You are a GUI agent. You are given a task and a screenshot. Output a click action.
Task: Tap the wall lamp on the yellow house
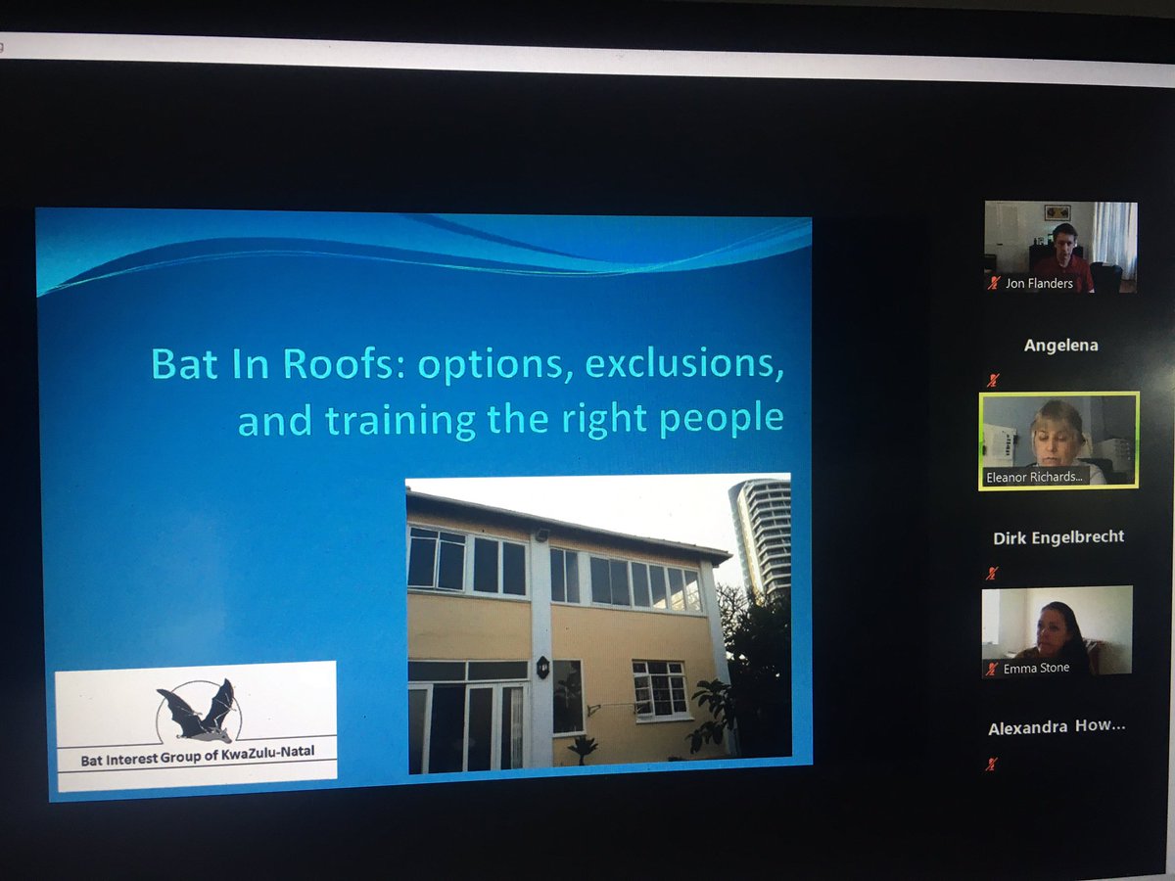[x=543, y=668]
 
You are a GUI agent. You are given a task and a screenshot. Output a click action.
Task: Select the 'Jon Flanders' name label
[x=1038, y=284]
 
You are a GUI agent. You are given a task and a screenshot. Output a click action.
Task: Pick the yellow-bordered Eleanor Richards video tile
[x=1058, y=439]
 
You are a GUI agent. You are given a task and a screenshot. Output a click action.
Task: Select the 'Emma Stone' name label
[x=1036, y=668]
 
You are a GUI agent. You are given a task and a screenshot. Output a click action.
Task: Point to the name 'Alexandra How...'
[x=1057, y=728]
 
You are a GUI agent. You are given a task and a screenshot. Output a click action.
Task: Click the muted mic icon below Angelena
[x=993, y=380]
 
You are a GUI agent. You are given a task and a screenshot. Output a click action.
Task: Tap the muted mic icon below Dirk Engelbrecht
[x=993, y=573]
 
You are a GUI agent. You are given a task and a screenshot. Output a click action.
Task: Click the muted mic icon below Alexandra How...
[x=991, y=764]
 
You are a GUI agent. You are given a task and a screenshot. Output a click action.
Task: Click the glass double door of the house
[x=466, y=726]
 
